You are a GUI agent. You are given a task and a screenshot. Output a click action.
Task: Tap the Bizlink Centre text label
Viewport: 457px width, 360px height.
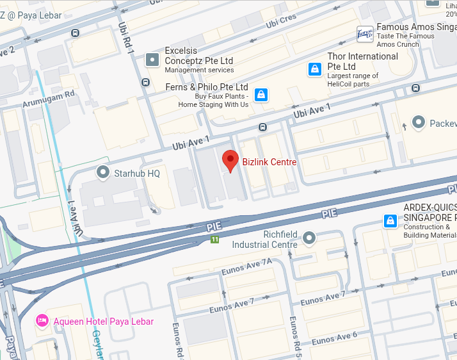(269, 162)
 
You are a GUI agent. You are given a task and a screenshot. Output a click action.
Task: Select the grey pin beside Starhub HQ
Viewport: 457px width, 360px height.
(103, 172)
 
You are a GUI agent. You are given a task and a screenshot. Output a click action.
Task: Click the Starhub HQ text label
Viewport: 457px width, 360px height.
(136, 173)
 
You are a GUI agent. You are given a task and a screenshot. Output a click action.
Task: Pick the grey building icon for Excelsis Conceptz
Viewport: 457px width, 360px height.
(152, 60)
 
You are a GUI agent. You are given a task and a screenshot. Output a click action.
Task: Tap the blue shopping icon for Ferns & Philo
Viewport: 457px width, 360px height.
(261, 95)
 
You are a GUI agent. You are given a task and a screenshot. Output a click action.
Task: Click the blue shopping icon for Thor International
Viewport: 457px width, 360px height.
(314, 69)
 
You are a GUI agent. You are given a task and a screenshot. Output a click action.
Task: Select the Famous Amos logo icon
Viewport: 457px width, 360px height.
(365, 35)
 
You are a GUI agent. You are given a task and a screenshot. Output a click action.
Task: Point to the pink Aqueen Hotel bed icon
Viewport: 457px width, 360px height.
(42, 320)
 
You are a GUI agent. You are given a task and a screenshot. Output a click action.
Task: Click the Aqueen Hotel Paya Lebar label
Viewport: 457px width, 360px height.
(103, 321)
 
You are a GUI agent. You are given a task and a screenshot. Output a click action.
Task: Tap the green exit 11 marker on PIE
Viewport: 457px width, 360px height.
(215, 240)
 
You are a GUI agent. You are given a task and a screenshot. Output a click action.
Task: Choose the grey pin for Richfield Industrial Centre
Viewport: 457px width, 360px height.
(309, 238)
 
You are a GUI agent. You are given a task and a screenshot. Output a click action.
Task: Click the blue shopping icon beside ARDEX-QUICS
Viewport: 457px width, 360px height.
(390, 221)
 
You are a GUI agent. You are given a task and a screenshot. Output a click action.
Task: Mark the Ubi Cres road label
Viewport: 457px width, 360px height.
(281, 20)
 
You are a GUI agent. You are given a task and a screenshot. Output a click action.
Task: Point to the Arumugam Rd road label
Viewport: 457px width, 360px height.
(49, 98)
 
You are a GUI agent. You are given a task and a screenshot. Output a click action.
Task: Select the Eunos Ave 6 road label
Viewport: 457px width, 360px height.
(337, 338)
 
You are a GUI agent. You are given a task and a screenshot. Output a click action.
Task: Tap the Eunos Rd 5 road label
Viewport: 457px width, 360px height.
(296, 337)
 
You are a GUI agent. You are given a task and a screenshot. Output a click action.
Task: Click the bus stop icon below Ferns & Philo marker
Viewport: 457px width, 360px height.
(262, 126)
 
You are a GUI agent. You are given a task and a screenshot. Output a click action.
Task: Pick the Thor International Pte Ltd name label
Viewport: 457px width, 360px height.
(362, 61)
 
